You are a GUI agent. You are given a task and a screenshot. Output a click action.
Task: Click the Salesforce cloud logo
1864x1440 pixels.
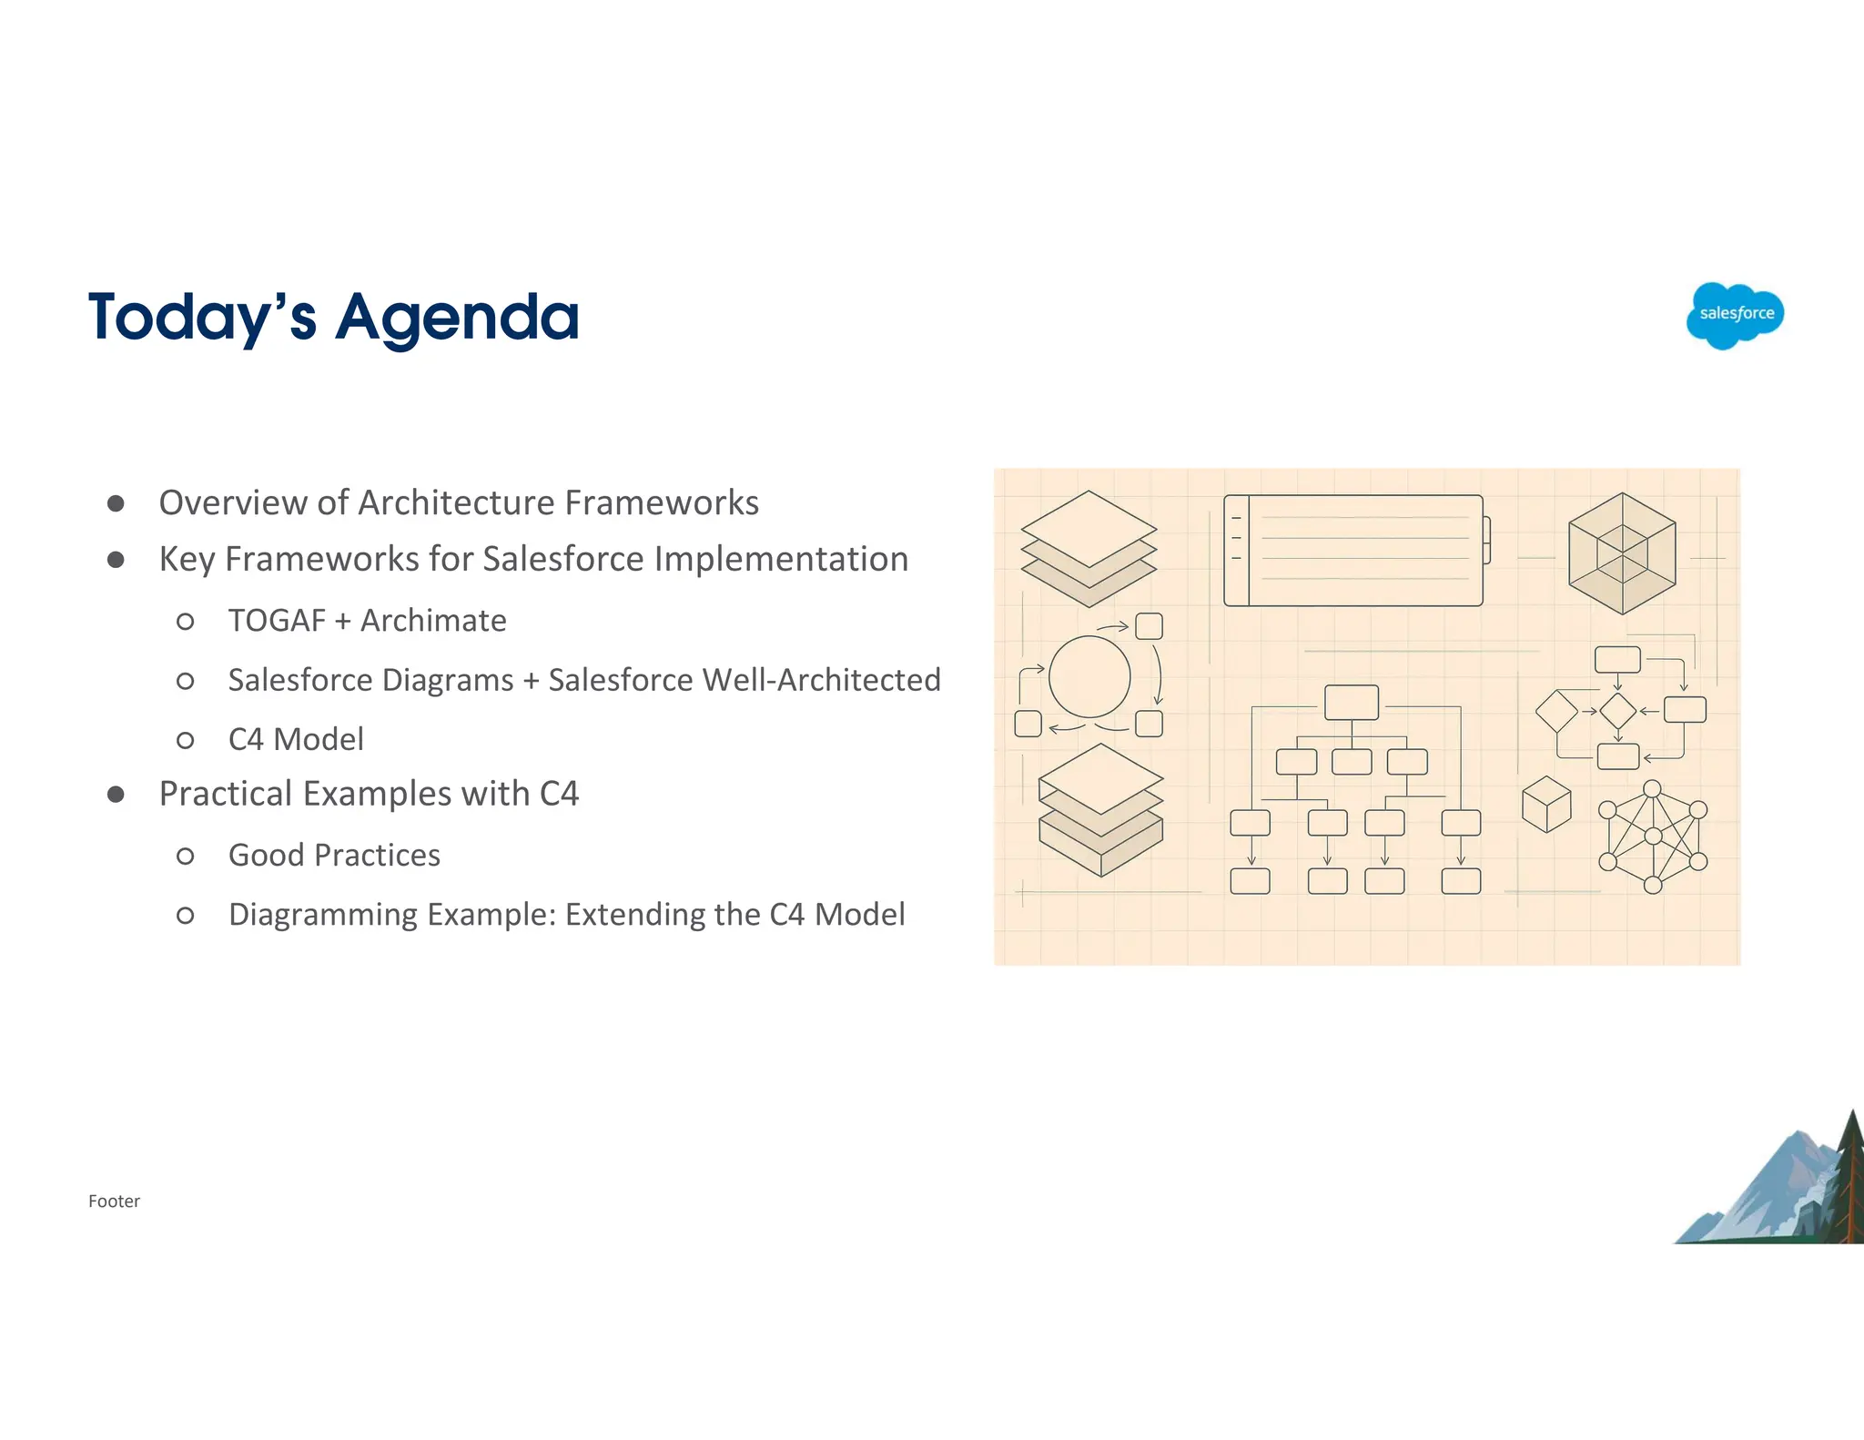point(1735,315)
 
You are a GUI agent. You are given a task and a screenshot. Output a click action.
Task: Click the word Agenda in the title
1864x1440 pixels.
point(457,319)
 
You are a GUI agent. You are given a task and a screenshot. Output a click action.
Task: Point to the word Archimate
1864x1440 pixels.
point(433,621)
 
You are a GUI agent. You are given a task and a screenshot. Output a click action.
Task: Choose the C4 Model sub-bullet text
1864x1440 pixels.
point(296,739)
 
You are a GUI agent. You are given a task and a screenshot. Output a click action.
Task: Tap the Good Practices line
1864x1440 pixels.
point(334,856)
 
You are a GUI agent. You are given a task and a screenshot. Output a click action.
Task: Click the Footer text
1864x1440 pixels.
point(114,1202)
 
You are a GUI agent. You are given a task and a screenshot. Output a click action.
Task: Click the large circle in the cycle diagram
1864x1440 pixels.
point(1089,676)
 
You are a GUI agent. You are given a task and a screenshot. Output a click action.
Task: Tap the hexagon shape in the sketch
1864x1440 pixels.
point(1622,553)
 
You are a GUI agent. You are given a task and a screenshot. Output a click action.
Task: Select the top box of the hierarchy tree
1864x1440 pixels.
point(1352,703)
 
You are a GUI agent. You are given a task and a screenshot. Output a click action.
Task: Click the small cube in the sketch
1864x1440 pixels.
point(1546,804)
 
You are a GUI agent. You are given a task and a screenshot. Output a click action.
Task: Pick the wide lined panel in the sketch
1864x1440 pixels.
point(1354,551)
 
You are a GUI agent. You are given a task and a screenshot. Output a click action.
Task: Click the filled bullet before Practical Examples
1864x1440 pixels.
point(116,795)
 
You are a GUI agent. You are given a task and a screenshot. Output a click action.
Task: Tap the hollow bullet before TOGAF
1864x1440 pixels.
point(185,622)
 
